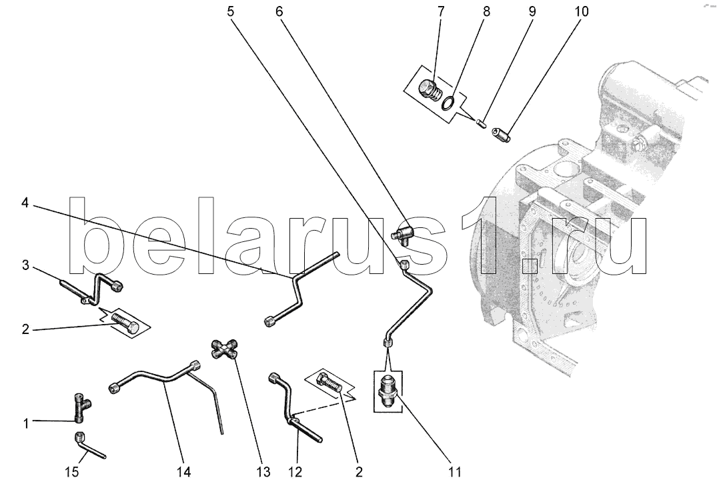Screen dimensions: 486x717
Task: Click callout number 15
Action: pos(71,472)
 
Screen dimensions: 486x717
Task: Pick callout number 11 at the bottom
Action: pos(454,472)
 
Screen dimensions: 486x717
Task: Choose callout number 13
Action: pos(263,472)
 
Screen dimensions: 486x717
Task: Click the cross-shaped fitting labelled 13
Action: pos(225,349)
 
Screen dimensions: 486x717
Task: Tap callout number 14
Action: pos(183,472)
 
